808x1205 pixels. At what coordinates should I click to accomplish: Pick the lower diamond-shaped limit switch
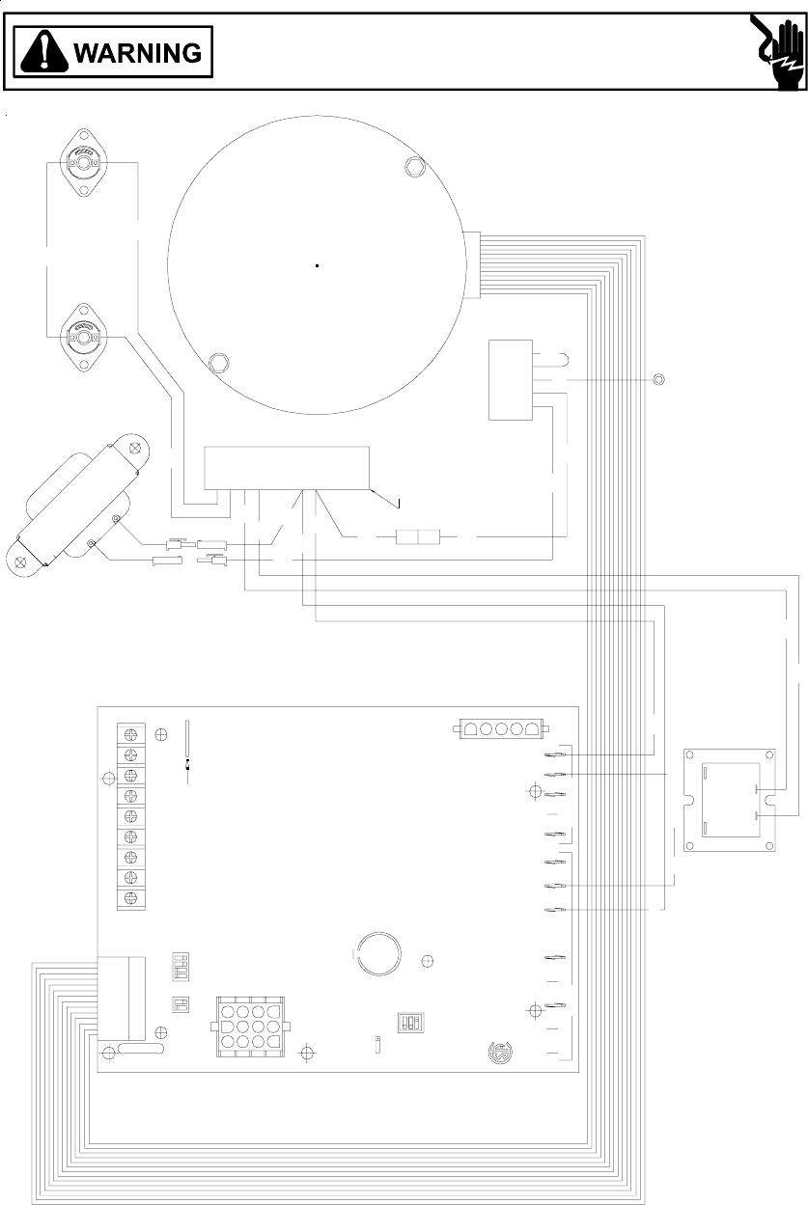point(83,337)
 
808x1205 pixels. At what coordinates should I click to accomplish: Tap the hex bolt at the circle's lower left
point(218,364)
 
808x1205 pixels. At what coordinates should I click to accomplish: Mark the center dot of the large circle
point(317,265)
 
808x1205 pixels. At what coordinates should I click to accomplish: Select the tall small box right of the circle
point(511,379)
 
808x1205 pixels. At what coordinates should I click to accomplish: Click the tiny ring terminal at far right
point(658,378)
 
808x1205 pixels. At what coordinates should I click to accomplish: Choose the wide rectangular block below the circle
point(287,468)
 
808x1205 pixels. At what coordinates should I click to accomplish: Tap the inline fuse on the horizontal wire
point(418,536)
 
